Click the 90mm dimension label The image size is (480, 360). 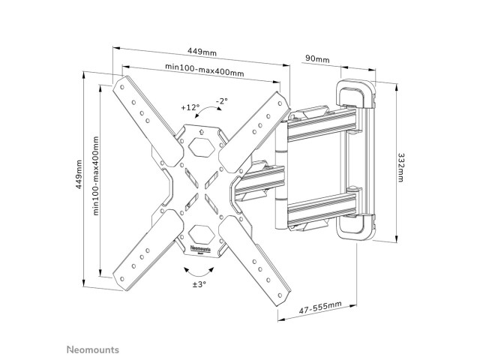click(317, 58)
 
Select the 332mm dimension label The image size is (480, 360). click(400, 167)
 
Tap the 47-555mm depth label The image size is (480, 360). click(320, 307)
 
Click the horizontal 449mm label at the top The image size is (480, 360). click(202, 52)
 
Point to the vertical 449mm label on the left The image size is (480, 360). click(79, 174)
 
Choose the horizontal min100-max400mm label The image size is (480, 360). click(205, 70)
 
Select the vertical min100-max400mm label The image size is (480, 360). click(96, 175)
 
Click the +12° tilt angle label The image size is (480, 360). click(190, 107)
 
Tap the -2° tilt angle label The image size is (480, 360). click(222, 100)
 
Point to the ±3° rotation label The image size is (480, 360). click(199, 284)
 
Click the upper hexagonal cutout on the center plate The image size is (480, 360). click(200, 147)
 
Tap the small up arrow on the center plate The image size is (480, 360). click(201, 132)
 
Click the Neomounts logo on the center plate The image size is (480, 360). click(200, 249)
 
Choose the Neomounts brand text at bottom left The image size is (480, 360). click(93, 349)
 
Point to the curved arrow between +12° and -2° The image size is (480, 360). click(208, 109)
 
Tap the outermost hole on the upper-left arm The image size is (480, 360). click(122, 87)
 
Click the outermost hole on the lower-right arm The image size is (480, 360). click(280, 295)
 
